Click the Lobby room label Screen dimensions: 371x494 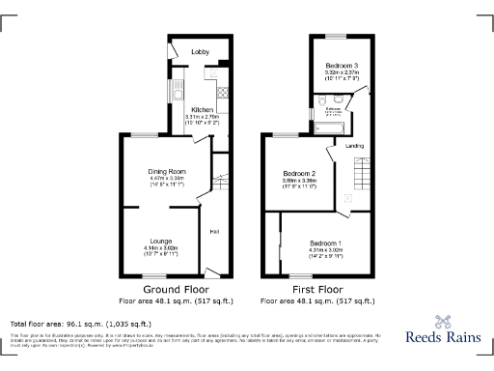click(201, 50)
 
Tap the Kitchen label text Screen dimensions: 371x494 click(203, 110)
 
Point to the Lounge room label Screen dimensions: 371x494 click(160, 239)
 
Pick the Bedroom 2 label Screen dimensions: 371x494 click(299, 172)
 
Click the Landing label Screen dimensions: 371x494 click(355, 146)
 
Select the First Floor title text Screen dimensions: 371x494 click(317, 289)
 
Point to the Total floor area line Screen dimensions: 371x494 click(80, 324)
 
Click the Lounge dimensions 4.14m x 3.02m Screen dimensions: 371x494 click(160, 247)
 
